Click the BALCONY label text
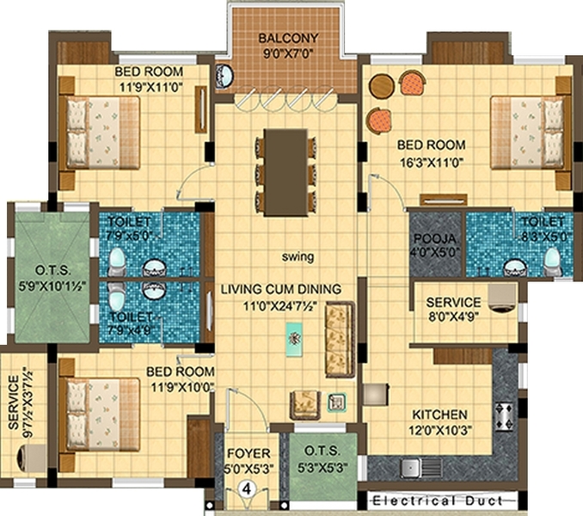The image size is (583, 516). [x=289, y=38]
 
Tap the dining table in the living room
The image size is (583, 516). [x=285, y=172]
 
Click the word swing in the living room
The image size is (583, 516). [x=298, y=256]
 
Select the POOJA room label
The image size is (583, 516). [x=434, y=238]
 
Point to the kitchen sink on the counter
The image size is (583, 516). [x=411, y=468]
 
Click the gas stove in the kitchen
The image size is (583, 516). [x=504, y=415]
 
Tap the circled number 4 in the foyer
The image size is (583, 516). [x=247, y=488]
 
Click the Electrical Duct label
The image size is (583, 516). [x=438, y=501]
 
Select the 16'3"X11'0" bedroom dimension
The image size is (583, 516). [x=432, y=163]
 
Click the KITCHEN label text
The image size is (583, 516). [x=440, y=415]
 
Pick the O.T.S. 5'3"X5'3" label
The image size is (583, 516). [x=322, y=458]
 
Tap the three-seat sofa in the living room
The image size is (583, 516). [x=340, y=340]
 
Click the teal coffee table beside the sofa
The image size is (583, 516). [x=294, y=340]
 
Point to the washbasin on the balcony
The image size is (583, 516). [x=224, y=77]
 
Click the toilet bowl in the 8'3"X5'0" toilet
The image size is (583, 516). [x=551, y=261]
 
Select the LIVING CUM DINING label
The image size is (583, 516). [x=281, y=289]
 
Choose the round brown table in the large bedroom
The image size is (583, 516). [x=382, y=86]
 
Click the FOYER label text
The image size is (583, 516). [x=249, y=453]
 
